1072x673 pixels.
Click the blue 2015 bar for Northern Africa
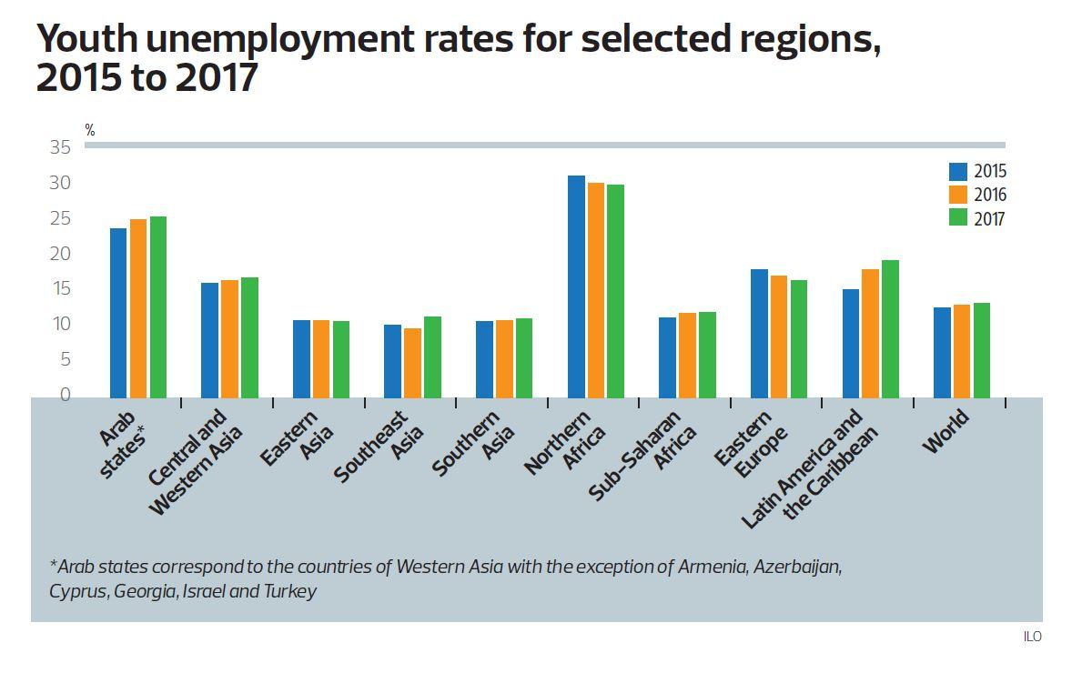pos(576,286)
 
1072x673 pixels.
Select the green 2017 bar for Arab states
pos(158,307)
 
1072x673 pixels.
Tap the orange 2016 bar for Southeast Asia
pos(412,363)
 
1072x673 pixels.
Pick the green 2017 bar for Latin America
pos(890,329)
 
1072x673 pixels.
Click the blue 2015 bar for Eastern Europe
pos(759,334)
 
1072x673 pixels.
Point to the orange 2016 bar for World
pos(962,351)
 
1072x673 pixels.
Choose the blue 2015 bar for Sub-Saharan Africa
pos(667,357)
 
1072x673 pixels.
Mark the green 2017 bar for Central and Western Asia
pos(249,337)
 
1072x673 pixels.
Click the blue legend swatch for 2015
pos(957,171)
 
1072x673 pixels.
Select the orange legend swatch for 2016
pos(957,195)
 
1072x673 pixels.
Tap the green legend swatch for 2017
pos(957,217)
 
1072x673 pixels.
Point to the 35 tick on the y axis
pos(60,147)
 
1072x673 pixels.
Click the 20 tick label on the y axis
pos(60,254)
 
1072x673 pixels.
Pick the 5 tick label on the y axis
pos(65,359)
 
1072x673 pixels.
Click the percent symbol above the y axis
pos(90,130)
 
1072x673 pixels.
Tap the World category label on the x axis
pos(946,432)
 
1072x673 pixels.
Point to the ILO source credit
pos(1032,637)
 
